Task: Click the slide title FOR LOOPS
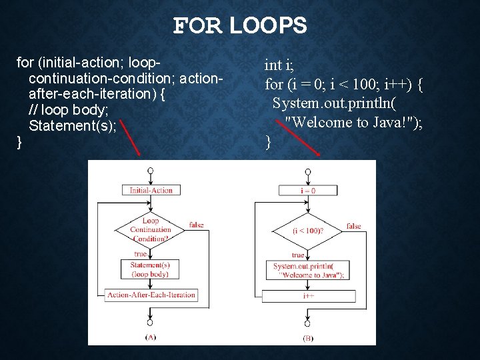pos(240,26)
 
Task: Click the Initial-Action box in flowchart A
pos(151,190)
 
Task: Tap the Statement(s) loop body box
pos(151,269)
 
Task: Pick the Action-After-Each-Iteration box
pos(151,295)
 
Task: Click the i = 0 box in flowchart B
pos(308,191)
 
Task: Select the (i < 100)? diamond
pos(308,231)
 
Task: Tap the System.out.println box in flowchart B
pos(308,271)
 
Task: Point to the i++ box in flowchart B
pos(308,295)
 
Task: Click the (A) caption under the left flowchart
pos(151,337)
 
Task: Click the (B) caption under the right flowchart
pos(308,338)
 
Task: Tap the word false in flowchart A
pos(196,225)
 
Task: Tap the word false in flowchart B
pos(353,226)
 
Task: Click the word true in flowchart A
pos(141,254)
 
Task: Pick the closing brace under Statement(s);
pos(19,141)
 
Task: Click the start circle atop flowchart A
pos(151,171)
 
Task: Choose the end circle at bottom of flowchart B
pos(308,323)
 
